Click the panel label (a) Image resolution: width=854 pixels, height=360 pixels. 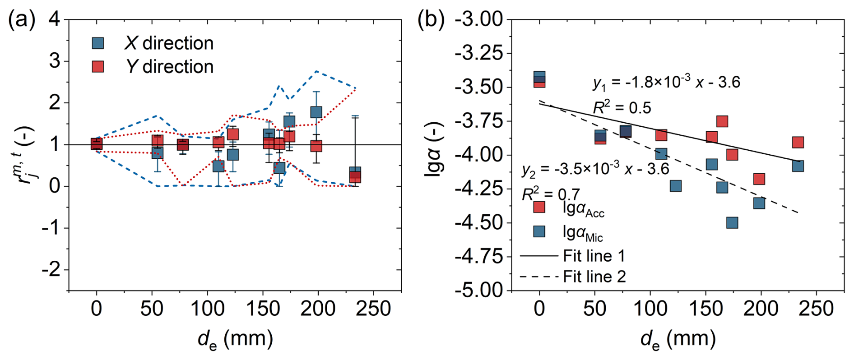[x=22, y=21]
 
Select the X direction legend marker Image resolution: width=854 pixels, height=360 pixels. [x=98, y=43]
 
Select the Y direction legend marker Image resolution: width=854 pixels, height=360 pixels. [x=98, y=67]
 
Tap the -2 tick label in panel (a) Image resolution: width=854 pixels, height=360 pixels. [x=51, y=270]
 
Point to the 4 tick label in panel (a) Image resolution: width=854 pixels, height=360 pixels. [x=55, y=20]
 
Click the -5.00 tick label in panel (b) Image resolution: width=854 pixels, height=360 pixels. [x=478, y=290]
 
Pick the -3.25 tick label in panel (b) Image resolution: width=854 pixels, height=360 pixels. [x=478, y=54]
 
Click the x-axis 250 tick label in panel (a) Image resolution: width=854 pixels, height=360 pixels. [x=373, y=309]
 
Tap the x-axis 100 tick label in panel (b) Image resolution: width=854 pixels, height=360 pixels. [x=650, y=309]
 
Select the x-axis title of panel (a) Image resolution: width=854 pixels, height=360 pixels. [x=235, y=339]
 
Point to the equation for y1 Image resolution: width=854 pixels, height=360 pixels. [x=666, y=83]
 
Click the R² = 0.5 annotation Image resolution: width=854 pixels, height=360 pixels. [x=622, y=108]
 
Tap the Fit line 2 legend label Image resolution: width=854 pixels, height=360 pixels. [x=594, y=277]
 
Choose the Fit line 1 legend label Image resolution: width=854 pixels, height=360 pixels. [x=594, y=256]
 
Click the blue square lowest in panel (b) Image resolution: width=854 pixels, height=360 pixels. [x=732, y=222]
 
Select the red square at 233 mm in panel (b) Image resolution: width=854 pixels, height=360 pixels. [x=798, y=143]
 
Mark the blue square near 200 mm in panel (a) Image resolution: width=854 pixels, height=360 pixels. [x=316, y=112]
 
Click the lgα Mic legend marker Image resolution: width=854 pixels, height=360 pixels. [x=539, y=231]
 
